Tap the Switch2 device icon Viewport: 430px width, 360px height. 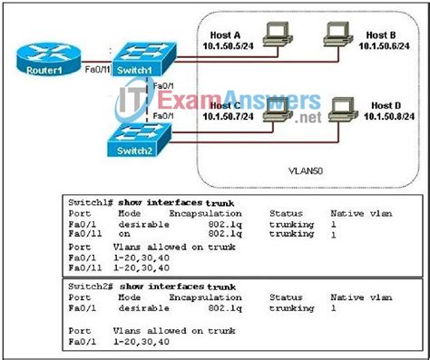tap(140, 142)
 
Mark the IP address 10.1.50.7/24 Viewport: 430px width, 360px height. tap(227, 117)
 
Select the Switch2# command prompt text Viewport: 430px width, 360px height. tap(90, 286)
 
